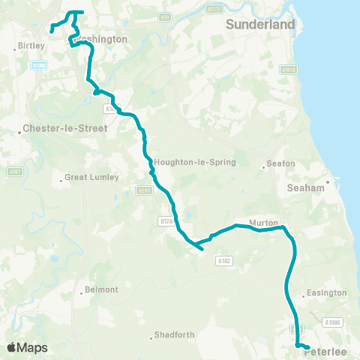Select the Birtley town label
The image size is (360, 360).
click(32, 46)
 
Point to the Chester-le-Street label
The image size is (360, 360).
click(67, 128)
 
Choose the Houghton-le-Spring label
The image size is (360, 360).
click(194, 162)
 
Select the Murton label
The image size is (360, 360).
click(264, 223)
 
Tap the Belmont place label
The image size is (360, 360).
click(103, 289)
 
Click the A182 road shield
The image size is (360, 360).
click(223, 260)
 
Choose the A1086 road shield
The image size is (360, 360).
click(333, 322)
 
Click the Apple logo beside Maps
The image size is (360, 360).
click(12, 347)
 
